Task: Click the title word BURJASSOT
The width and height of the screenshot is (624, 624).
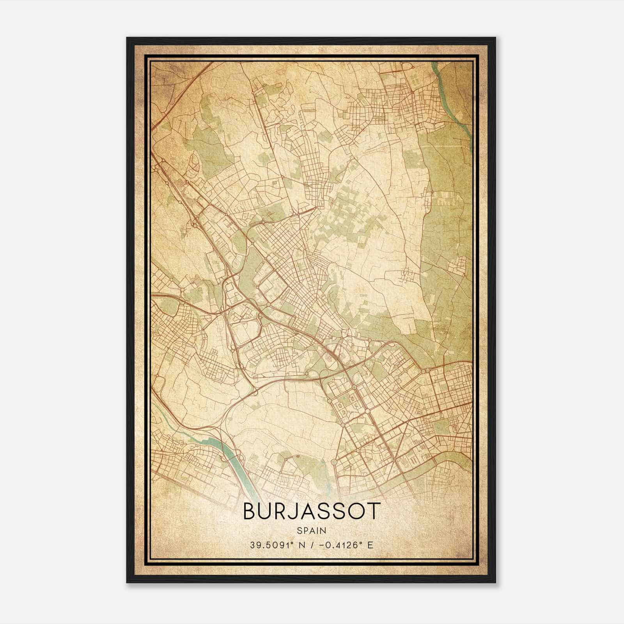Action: click(311, 511)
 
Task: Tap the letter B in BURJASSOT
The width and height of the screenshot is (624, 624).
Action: click(251, 511)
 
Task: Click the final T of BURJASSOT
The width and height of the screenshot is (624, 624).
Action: click(373, 511)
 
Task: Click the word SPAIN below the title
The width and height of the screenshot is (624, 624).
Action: click(311, 530)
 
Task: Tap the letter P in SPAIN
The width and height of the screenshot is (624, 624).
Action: click(305, 530)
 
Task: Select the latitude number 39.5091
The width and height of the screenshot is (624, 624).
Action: click(269, 545)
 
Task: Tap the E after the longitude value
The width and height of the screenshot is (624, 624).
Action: click(370, 545)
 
